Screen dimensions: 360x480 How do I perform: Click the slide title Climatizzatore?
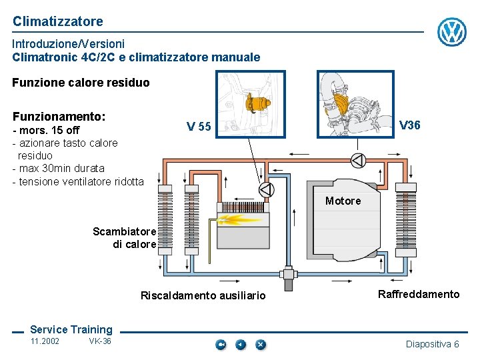(x=58, y=21)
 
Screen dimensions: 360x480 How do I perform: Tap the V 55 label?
(x=199, y=127)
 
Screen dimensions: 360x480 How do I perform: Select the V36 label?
(x=409, y=125)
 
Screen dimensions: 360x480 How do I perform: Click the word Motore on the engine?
(x=343, y=201)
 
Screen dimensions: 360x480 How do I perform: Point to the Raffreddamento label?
(x=418, y=294)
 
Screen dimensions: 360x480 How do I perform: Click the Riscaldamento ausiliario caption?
(x=203, y=295)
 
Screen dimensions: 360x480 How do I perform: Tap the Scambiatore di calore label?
(x=125, y=238)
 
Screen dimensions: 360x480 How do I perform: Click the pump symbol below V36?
(x=358, y=160)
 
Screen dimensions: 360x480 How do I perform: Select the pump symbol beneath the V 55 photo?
(x=266, y=189)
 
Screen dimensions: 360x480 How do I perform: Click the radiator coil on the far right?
(x=403, y=220)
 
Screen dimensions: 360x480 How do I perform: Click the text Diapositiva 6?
(x=432, y=344)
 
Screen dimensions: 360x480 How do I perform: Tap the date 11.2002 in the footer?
(x=45, y=341)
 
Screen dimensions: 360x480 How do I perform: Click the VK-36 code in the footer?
(x=100, y=341)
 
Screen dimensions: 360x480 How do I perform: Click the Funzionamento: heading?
(x=59, y=116)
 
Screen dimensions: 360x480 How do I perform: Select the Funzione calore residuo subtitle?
(x=81, y=83)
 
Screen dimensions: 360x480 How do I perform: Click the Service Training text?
(x=71, y=329)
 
